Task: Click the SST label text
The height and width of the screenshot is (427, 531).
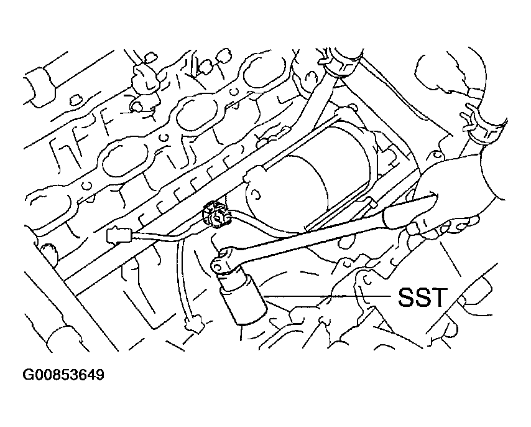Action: [421, 297]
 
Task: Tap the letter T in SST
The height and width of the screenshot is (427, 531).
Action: [437, 297]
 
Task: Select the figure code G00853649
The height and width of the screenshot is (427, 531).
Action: [63, 375]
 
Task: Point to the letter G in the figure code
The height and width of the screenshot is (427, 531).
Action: [27, 375]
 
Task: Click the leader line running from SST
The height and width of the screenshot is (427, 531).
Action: [328, 296]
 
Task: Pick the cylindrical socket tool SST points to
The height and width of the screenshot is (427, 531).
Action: [242, 298]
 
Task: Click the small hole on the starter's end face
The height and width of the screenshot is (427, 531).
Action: [257, 195]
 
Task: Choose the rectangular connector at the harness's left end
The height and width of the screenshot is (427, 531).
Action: [119, 235]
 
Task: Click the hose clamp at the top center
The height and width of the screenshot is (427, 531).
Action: [339, 63]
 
